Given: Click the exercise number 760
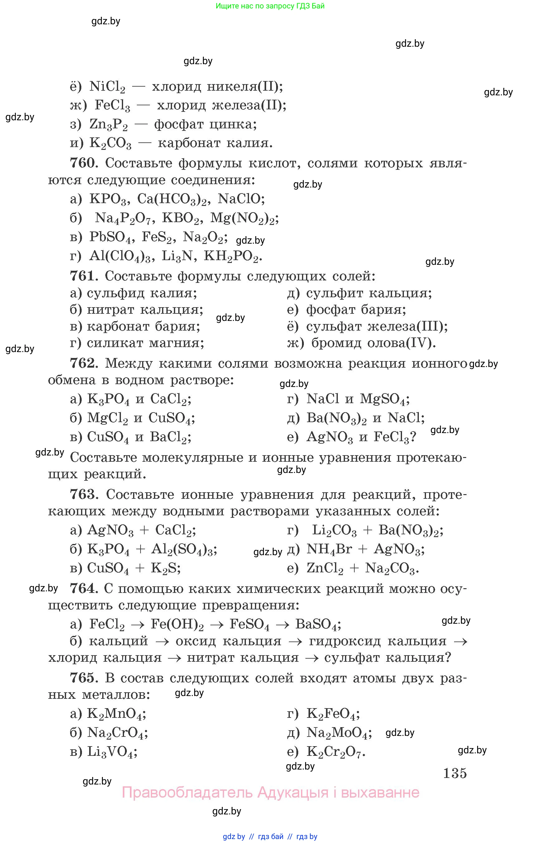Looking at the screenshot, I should [83, 163].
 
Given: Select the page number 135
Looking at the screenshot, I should [455, 773].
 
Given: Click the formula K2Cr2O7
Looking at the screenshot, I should [336, 752].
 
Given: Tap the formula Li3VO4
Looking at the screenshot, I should [112, 752].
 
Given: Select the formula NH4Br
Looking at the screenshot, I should [329, 549].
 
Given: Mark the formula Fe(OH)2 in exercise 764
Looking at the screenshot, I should [177, 624].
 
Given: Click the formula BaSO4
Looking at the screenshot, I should [318, 624].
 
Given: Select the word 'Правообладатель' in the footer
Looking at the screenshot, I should [187, 792].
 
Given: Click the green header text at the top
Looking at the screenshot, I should [270, 6].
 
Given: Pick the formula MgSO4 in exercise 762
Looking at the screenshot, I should [384, 399].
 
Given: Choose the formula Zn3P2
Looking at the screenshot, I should [108, 124].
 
